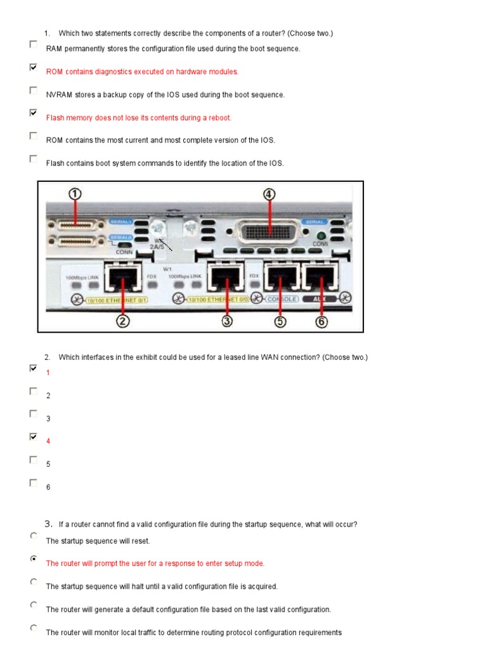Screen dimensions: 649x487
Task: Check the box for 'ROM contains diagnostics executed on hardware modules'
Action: tap(33, 67)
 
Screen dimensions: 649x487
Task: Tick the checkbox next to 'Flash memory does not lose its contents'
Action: tap(33, 113)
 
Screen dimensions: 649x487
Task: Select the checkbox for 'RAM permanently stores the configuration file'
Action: tap(33, 44)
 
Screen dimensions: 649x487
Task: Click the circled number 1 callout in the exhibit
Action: tap(75, 195)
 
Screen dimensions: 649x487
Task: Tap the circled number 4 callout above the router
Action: tap(269, 195)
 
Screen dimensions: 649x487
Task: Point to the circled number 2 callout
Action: tap(123, 321)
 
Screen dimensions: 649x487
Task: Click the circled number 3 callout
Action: tap(228, 321)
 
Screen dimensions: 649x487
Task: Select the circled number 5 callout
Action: tap(280, 321)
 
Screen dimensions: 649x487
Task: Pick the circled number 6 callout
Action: tap(321, 321)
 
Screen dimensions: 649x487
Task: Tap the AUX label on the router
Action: tap(321, 299)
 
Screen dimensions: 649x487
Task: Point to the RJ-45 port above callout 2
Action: tap(122, 276)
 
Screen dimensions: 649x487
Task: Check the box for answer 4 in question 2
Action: tap(33, 437)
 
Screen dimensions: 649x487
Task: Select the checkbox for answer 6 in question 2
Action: tap(33, 483)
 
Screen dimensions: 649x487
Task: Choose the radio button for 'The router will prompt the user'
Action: tap(33, 559)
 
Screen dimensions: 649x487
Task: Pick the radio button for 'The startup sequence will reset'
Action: tap(33, 536)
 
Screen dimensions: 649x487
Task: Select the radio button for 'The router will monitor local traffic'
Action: tap(33, 628)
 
